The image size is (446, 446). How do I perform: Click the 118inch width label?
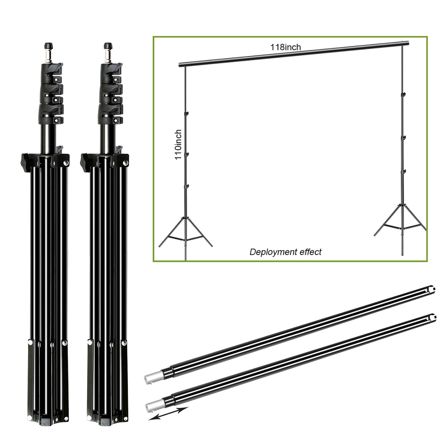click(x=285, y=47)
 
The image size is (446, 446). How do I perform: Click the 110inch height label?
click(x=178, y=144)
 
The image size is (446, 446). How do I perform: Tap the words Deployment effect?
click(x=285, y=252)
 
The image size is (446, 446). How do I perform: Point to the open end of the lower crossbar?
click(x=433, y=317)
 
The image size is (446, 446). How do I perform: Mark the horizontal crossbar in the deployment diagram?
click(x=294, y=54)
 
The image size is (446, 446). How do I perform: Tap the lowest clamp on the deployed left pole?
click(x=187, y=186)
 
